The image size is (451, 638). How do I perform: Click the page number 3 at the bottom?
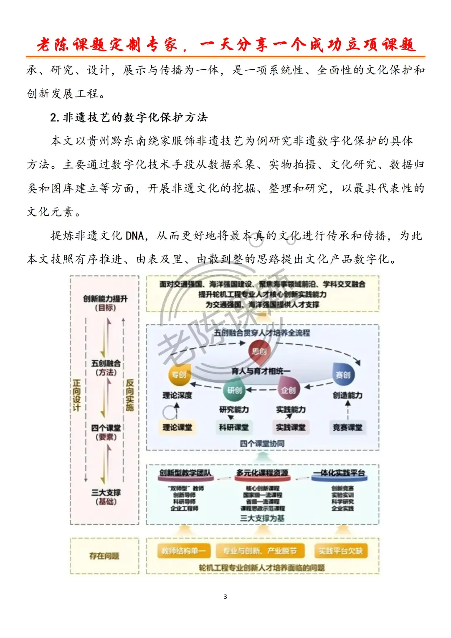pyautogui.click(x=225, y=596)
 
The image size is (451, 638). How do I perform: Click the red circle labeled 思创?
pyautogui.click(x=259, y=351)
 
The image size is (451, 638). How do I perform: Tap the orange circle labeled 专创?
pyautogui.click(x=179, y=374)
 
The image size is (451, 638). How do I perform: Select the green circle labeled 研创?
pyautogui.click(x=234, y=390)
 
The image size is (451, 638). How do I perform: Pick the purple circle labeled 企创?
pyautogui.click(x=288, y=389)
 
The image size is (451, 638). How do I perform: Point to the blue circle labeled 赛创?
pyautogui.click(x=343, y=374)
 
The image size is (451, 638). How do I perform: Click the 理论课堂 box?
pyautogui.click(x=177, y=427)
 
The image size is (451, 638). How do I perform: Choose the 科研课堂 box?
pyautogui.click(x=233, y=427)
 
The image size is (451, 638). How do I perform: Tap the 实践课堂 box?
pyautogui.click(x=290, y=427)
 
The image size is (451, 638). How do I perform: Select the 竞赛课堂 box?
pyautogui.click(x=347, y=427)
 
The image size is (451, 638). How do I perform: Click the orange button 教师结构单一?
pyautogui.click(x=184, y=551)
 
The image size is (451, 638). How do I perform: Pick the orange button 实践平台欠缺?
pyautogui.click(x=340, y=551)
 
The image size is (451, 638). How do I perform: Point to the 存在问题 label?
pyautogui.click(x=104, y=556)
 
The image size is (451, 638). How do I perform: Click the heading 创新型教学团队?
pyautogui.click(x=185, y=473)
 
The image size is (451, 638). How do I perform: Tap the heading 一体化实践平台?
pyautogui.click(x=339, y=473)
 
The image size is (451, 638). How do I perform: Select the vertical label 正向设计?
pyautogui.click(x=76, y=395)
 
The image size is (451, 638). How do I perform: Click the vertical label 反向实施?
pyautogui.click(x=130, y=395)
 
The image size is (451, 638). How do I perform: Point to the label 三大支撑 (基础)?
pyautogui.click(x=106, y=497)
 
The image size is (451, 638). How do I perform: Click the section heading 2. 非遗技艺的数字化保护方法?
pyautogui.click(x=129, y=117)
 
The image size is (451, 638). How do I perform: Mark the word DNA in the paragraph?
pyautogui.click(x=134, y=236)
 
